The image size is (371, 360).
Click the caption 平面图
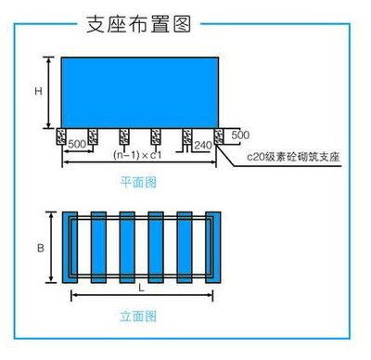tap(138, 183)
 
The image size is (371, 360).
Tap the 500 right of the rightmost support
tap(239, 135)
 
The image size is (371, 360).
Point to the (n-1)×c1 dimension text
tap(132, 154)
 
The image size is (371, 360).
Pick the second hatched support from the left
tap(94, 137)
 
